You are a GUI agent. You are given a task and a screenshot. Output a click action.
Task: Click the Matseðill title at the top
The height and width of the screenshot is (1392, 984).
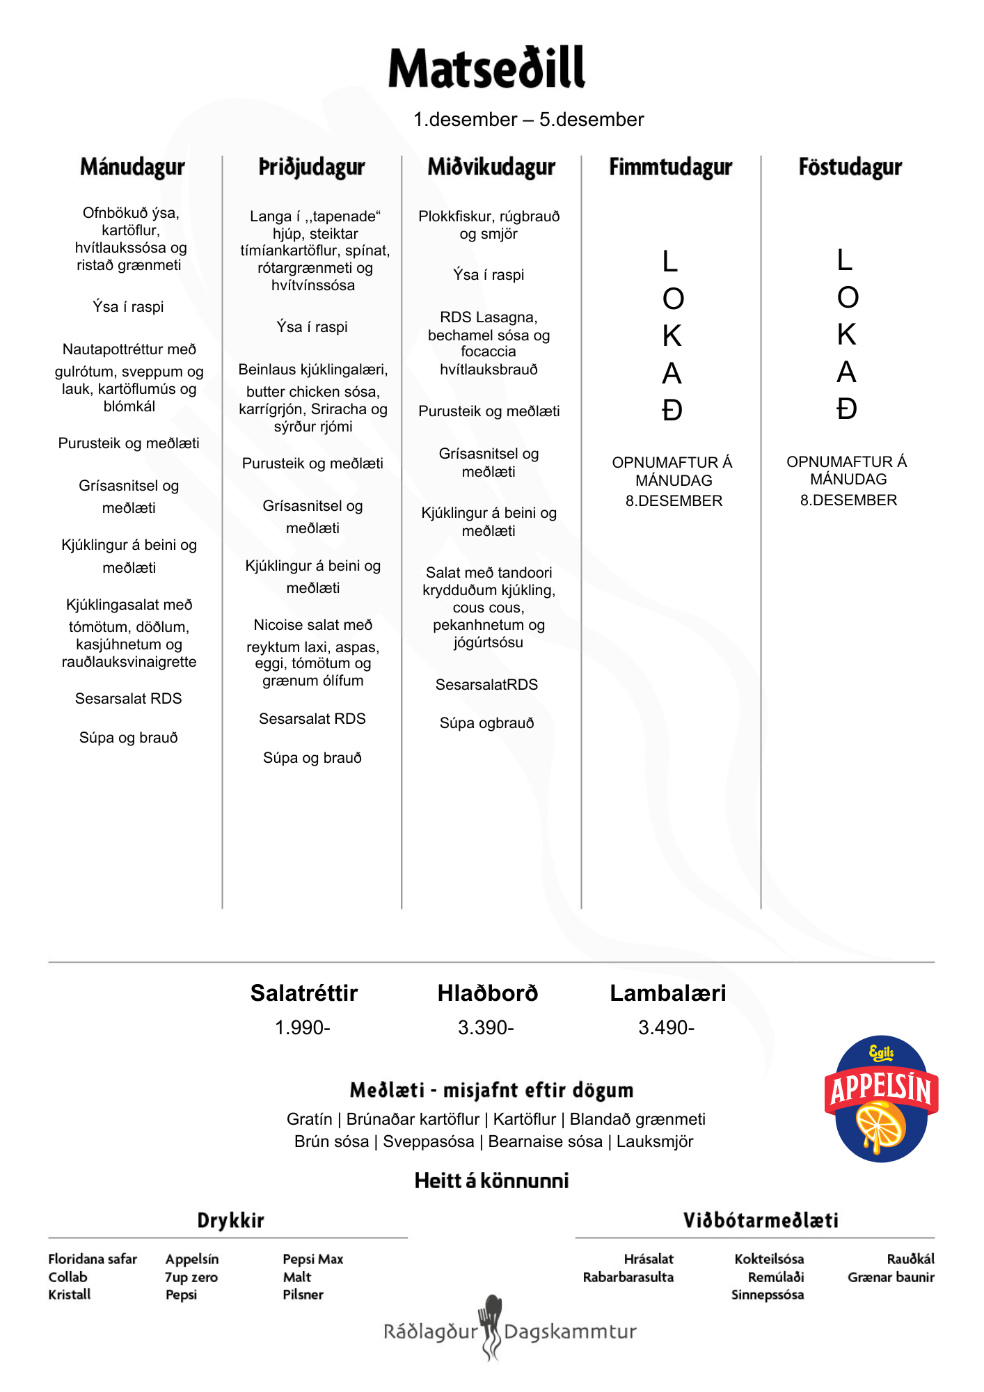[486, 68]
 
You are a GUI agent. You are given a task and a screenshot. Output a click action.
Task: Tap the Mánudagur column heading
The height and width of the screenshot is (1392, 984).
[132, 167]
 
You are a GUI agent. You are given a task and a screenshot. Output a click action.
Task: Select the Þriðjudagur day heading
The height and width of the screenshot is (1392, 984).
[312, 167]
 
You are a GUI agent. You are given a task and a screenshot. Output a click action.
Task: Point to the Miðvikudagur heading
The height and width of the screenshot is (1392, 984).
[491, 167]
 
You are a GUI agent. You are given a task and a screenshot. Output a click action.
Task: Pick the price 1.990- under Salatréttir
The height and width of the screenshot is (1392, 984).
[302, 1027]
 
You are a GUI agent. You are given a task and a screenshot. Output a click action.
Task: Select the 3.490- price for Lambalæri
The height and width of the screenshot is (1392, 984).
[666, 1027]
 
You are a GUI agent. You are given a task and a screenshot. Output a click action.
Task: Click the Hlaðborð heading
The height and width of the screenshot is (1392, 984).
[487, 993]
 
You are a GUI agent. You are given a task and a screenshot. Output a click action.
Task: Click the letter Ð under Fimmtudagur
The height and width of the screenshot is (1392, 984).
[672, 411]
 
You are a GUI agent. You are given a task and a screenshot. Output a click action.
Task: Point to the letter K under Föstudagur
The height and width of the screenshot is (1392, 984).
[846, 335]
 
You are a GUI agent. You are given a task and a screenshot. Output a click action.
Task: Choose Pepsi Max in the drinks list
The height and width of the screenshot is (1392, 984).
[313, 1259]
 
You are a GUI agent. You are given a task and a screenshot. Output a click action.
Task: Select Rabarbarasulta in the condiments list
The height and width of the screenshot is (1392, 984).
[628, 1277]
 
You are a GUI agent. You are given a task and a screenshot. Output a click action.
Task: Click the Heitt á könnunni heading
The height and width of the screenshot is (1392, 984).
[491, 1180]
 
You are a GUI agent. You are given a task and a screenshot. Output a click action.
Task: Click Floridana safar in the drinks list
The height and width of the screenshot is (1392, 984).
[93, 1259]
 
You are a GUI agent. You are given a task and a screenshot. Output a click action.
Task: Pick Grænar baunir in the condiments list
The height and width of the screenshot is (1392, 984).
[891, 1277]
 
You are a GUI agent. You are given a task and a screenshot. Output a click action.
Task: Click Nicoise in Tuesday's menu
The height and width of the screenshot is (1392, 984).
[278, 625]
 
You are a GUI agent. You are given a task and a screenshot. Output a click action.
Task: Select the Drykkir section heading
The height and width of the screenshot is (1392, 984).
[230, 1220]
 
